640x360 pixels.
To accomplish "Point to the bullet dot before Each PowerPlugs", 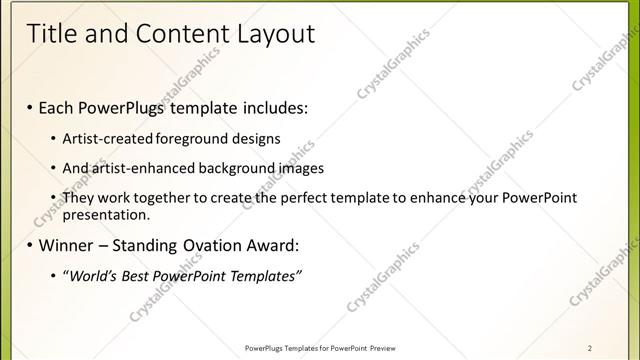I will [30, 106].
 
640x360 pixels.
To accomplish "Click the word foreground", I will [192, 138].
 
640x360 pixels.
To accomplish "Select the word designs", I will [256, 138].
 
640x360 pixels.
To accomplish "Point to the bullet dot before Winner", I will [30, 245].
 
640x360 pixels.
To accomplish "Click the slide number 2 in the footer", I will [591, 347].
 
